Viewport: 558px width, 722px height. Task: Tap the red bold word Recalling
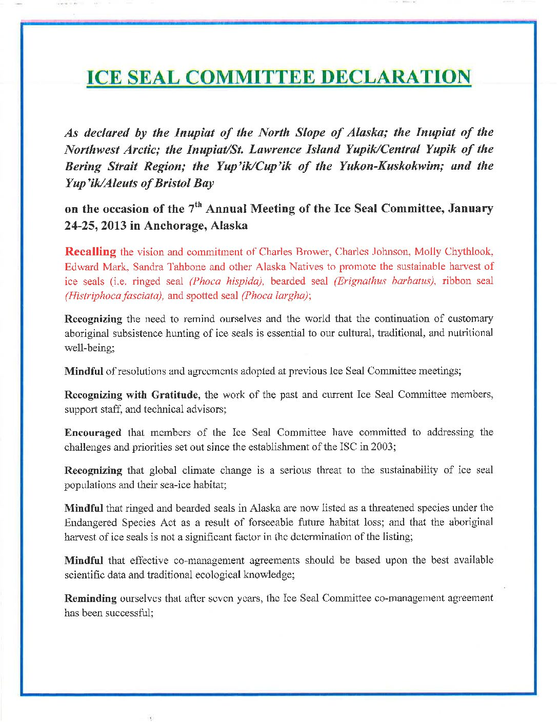[90, 252]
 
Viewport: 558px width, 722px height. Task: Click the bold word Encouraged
[93, 432]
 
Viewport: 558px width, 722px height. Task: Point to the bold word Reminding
[90, 598]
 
